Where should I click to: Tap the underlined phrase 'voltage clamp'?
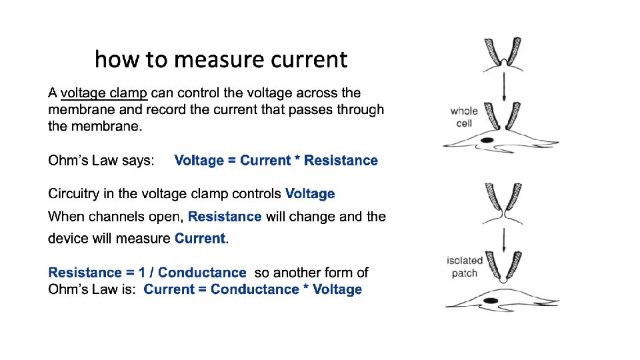(104, 93)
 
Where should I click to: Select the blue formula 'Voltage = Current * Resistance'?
(276, 161)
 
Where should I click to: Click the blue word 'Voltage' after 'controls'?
(310, 194)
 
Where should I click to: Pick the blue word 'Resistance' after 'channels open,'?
(225, 217)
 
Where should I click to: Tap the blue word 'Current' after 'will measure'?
(200, 239)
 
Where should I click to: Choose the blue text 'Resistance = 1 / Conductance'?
(147, 273)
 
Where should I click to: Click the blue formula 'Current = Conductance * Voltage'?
(253, 289)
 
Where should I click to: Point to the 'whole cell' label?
(464, 117)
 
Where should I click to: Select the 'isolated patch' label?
(464, 267)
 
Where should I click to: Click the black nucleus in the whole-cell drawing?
(487, 139)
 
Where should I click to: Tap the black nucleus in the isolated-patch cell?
(491, 301)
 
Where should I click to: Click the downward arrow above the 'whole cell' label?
(504, 87)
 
